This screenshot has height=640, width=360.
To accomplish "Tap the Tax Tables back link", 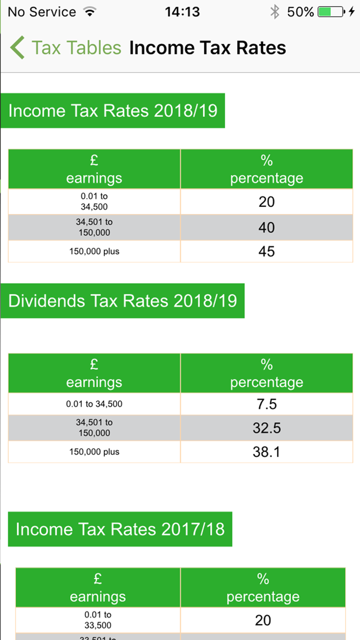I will coord(76,48).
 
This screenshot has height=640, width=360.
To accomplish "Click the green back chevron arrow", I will coord(17,48).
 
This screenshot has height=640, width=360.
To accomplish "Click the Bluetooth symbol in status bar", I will coord(275,12).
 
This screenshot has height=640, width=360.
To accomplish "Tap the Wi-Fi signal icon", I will coord(90,12).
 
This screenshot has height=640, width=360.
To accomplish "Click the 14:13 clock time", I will coord(182,12).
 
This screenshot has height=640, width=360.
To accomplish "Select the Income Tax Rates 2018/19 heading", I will coord(113,111).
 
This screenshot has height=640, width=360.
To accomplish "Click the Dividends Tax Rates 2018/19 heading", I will coord(123,300).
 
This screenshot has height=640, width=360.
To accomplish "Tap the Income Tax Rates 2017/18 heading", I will coord(120,529).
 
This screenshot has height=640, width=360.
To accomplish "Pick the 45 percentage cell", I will coord(266,252).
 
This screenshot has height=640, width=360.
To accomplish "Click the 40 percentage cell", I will coord(266,227).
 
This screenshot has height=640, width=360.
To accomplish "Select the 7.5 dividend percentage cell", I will coord(266,404).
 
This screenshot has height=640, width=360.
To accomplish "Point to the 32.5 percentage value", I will coord(266,428).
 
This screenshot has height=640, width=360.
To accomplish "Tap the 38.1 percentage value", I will coord(266,452).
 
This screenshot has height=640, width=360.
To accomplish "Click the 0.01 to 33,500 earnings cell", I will coord(98,619).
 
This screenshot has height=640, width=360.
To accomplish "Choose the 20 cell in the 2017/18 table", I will coord(263,620).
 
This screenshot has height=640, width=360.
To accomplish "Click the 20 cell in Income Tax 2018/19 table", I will coord(266,202).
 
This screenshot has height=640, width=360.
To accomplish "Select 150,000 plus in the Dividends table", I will coord(94,452).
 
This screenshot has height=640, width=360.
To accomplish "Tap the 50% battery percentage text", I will coord(300,12).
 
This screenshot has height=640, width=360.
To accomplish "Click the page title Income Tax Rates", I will coord(207,48).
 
